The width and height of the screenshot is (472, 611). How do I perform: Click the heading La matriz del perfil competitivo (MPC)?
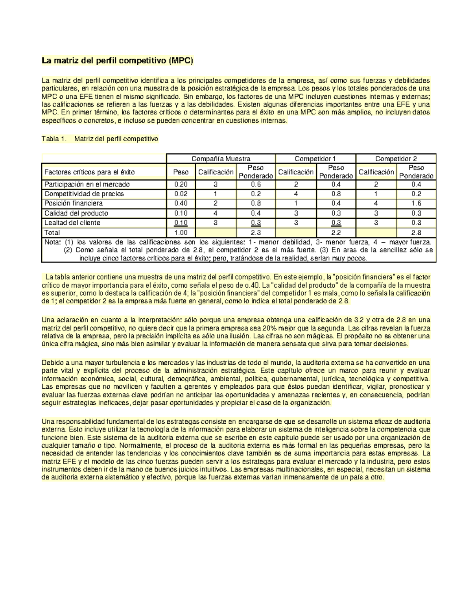click(x=118, y=61)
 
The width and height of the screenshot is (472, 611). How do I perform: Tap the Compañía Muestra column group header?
click(x=221, y=159)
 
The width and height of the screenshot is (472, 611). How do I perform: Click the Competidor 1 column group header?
click(x=315, y=159)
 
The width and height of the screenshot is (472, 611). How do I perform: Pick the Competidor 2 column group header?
click(x=396, y=159)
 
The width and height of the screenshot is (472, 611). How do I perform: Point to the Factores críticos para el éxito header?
click(x=89, y=172)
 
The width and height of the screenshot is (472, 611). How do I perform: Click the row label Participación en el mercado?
click(x=87, y=184)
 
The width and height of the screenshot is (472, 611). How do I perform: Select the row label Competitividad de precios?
click(x=84, y=194)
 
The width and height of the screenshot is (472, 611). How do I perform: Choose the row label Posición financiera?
click(x=74, y=203)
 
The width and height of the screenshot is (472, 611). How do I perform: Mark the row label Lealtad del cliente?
click(x=72, y=223)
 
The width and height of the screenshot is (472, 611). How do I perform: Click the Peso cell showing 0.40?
click(x=181, y=203)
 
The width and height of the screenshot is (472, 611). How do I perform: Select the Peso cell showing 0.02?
click(x=181, y=194)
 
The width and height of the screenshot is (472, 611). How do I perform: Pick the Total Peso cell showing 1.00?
click(x=181, y=233)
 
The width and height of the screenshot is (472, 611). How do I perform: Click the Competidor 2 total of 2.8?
click(x=416, y=233)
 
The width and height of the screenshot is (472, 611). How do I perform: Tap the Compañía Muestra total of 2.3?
click(x=256, y=233)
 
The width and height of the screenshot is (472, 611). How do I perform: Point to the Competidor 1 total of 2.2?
click(x=336, y=233)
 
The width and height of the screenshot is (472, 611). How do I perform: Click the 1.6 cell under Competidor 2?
click(x=416, y=203)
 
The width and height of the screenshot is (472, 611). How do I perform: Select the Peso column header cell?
click(x=181, y=172)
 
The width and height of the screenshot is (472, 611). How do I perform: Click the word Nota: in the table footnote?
click(x=53, y=242)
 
